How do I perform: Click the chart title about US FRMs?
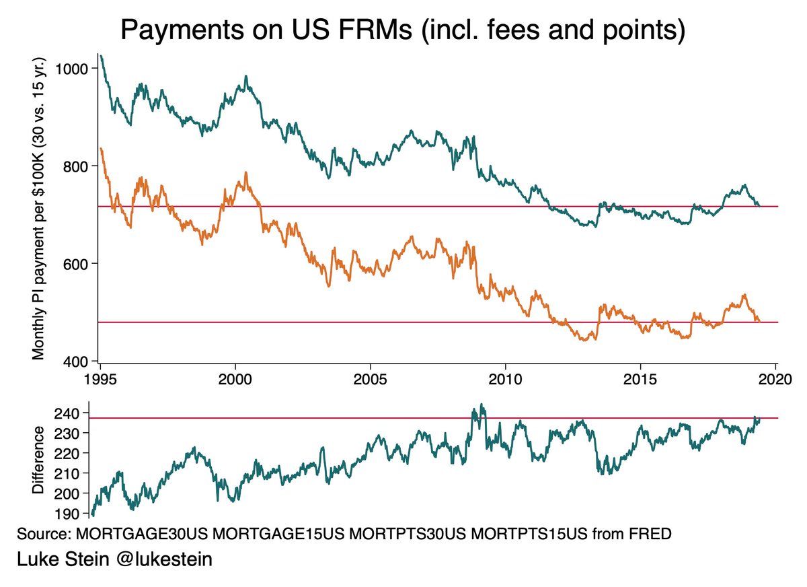click(402, 30)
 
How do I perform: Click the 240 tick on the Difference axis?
click(71, 413)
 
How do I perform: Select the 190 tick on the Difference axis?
click(71, 514)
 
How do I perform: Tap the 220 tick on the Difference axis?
click(71, 453)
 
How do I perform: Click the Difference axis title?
click(38, 460)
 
